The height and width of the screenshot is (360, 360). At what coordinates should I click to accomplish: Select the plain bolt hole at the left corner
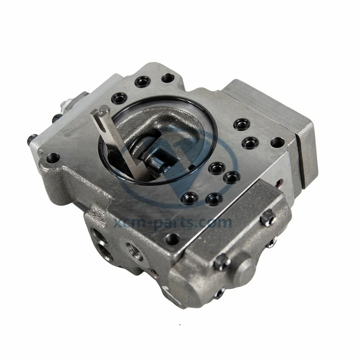[53, 157]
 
